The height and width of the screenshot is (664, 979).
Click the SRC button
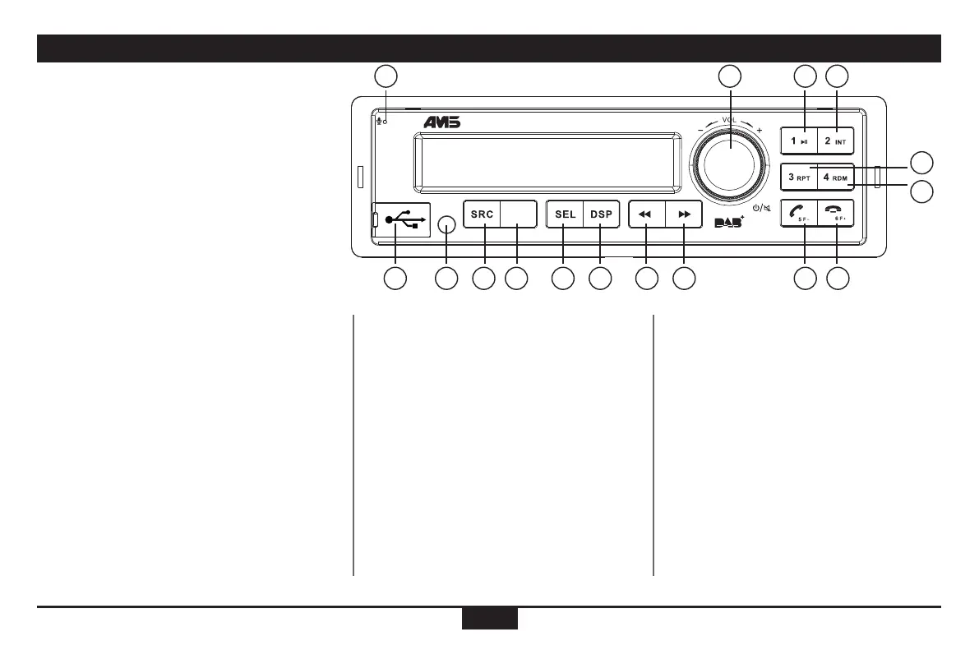(482, 214)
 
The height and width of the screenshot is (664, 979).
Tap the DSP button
(601, 214)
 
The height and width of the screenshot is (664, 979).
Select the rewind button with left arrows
(646, 214)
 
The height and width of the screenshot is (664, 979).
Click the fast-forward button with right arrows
(684, 214)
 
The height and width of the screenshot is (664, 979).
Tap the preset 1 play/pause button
(799, 141)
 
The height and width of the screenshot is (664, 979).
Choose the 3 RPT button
(799, 176)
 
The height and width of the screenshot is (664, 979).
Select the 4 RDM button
(837, 176)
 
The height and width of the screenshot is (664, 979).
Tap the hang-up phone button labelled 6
(837, 213)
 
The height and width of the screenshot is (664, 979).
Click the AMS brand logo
(442, 122)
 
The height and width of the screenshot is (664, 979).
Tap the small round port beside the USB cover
(446, 224)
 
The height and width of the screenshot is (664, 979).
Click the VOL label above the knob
(729, 120)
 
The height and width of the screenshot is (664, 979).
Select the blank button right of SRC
(519, 214)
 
